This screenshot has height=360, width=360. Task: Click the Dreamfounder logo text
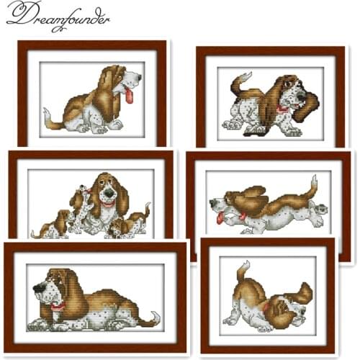tap(58, 16)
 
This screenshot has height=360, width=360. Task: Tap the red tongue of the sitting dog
tap(129, 96)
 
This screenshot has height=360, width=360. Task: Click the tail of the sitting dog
tap(50, 120)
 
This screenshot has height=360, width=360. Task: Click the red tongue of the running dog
tap(220, 217)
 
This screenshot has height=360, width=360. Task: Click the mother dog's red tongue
tap(107, 204)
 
